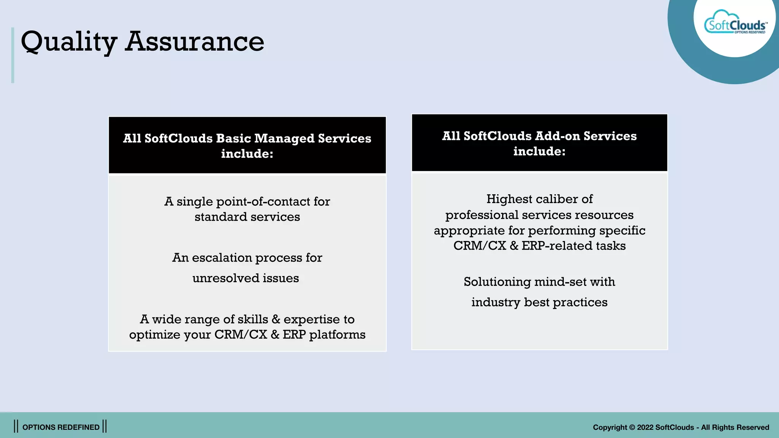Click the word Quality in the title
click(68, 42)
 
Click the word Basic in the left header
click(233, 138)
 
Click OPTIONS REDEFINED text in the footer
click(61, 427)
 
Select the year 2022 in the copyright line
click(645, 427)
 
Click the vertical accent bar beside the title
click(13, 55)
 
